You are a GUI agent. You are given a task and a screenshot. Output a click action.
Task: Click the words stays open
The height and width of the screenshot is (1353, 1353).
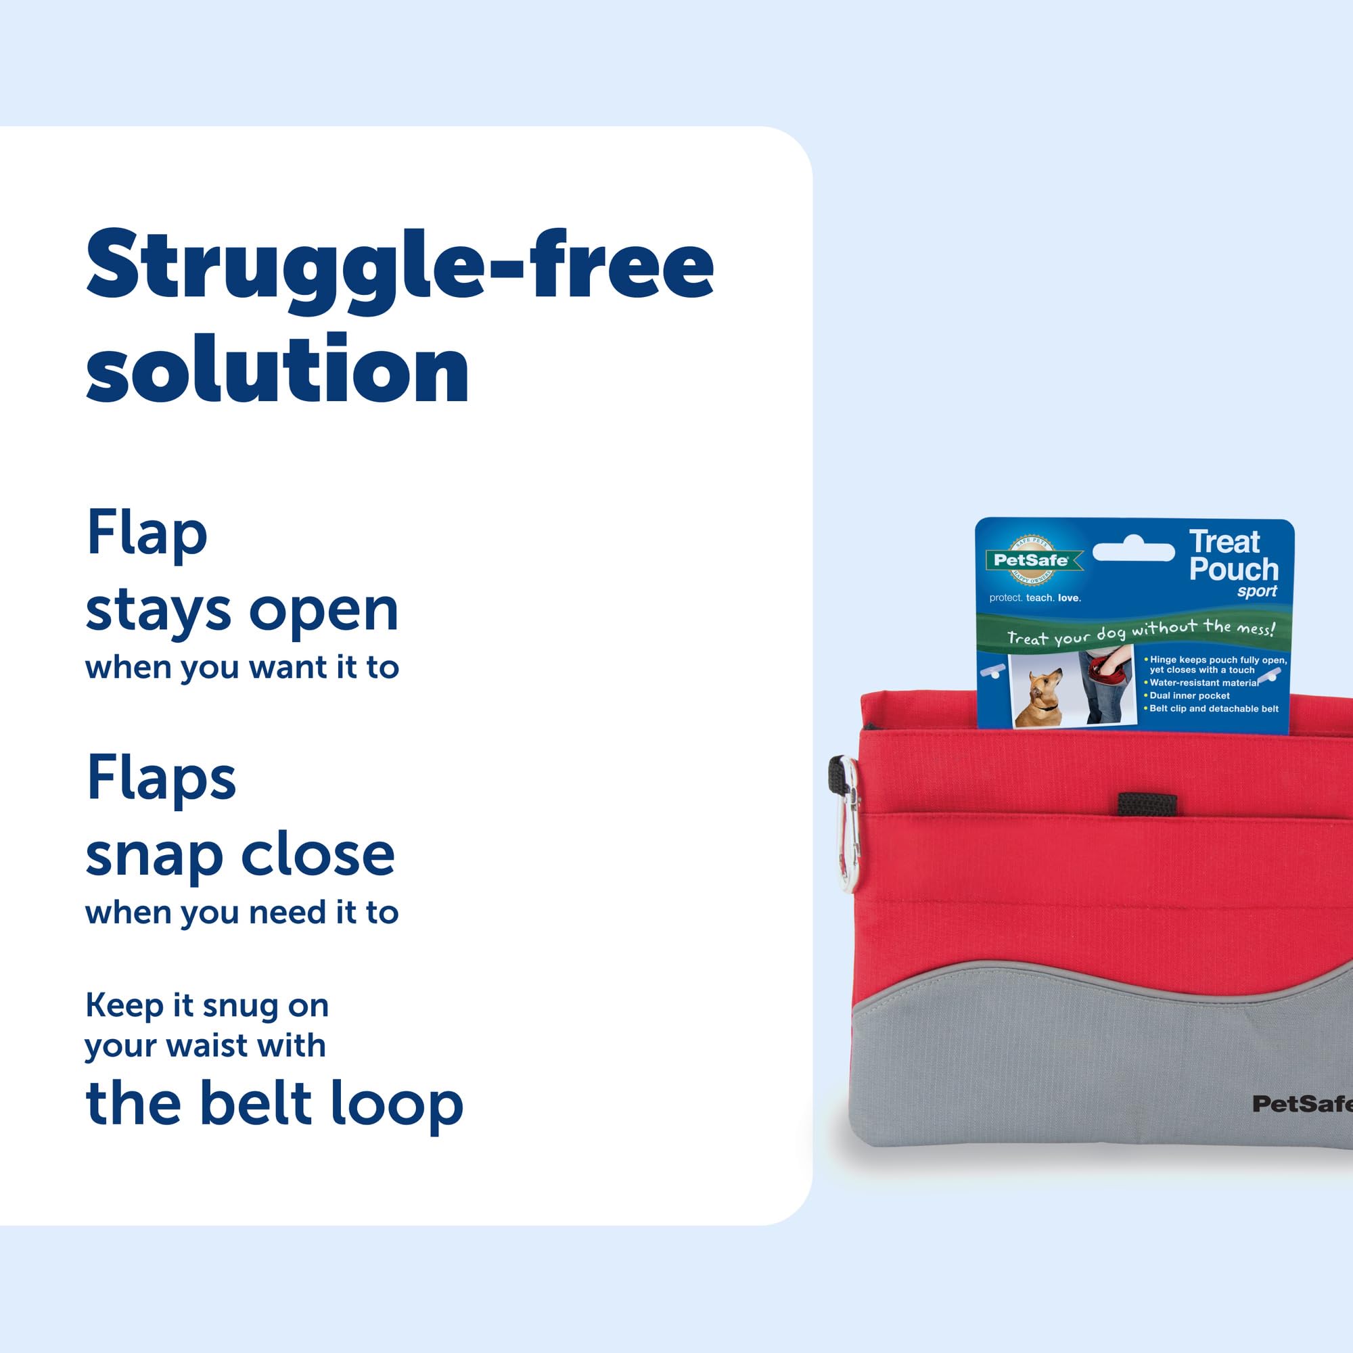click(x=242, y=611)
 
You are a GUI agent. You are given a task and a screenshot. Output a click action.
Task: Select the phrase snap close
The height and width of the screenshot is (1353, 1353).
click(x=239, y=856)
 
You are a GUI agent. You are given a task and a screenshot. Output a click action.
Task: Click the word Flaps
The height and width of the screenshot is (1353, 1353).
click(x=161, y=779)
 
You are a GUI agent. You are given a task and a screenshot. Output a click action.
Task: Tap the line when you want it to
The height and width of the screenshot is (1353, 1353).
click(x=242, y=668)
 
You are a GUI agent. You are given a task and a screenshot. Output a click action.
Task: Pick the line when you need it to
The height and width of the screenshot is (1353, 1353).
click(x=242, y=913)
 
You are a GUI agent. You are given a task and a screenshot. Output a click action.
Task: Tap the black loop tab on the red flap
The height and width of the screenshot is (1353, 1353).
click(x=1147, y=804)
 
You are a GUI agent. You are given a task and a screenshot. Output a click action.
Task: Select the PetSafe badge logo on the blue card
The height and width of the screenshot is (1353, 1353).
click(x=1030, y=559)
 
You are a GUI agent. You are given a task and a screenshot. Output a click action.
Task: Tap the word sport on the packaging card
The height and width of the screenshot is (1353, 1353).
click(x=1256, y=592)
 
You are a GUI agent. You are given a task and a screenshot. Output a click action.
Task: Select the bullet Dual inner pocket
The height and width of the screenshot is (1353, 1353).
click(x=1189, y=695)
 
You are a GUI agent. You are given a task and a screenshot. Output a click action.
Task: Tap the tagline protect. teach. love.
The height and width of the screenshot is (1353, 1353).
click(x=1035, y=598)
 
